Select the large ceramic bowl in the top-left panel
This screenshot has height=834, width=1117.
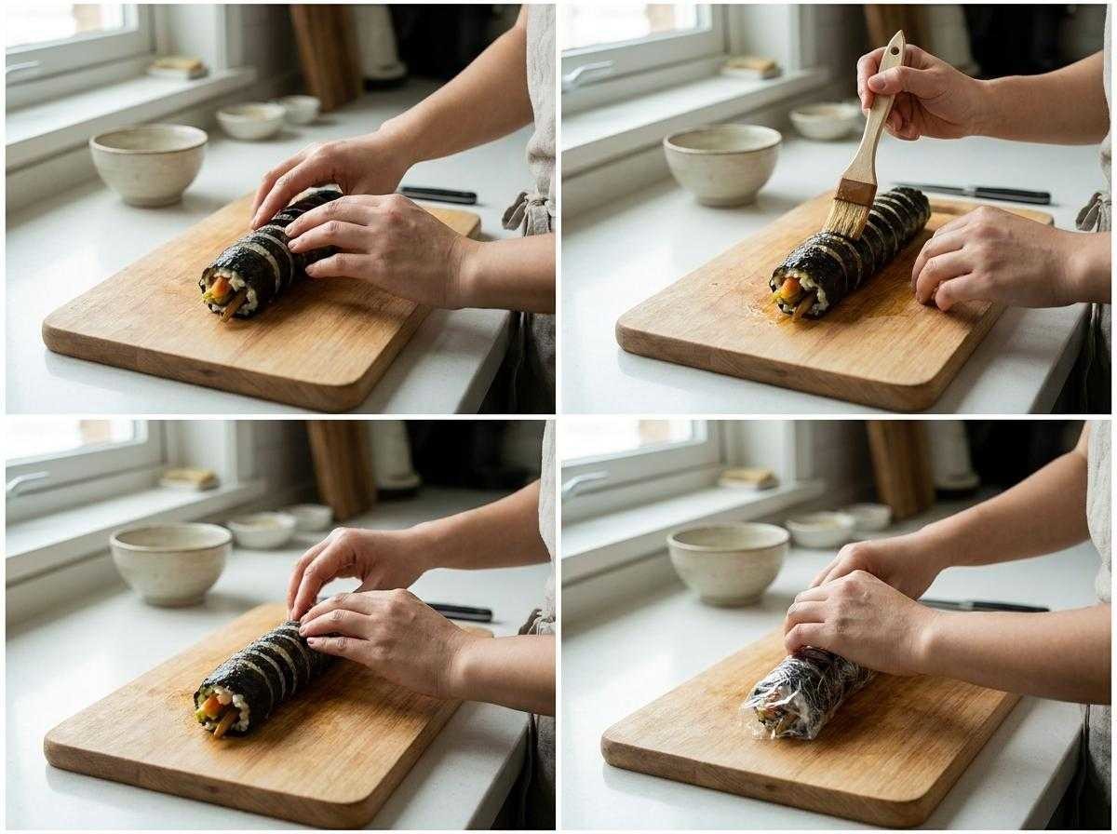tap(148, 164)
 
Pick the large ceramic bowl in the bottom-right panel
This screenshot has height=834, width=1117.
tap(728, 562)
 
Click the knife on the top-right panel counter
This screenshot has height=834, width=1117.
tap(977, 193)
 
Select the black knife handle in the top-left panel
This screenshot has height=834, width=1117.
tap(437, 195)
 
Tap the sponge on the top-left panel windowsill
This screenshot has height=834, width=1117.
tap(180, 66)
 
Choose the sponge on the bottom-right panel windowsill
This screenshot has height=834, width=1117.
tap(748, 478)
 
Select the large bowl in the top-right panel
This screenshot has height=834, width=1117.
tap(721, 164)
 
